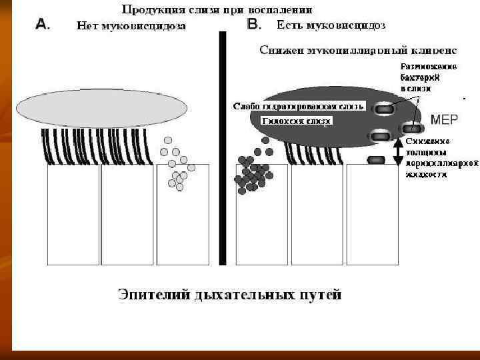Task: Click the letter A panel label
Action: click(x=41, y=25)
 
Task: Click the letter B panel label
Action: click(x=254, y=25)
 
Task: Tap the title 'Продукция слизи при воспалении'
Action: click(x=217, y=11)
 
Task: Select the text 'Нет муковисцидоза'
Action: click(x=131, y=27)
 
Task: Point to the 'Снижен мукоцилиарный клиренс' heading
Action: click(x=357, y=51)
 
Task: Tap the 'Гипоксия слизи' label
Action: click(x=297, y=121)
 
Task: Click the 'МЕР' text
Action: click(x=444, y=120)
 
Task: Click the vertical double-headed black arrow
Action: click(x=398, y=152)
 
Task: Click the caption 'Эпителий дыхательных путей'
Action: click(x=229, y=294)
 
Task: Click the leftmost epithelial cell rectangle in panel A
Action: click(x=73, y=213)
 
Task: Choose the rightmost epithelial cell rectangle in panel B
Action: click(x=372, y=213)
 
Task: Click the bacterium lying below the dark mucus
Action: click(x=377, y=160)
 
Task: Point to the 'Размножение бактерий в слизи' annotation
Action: click(x=429, y=77)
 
